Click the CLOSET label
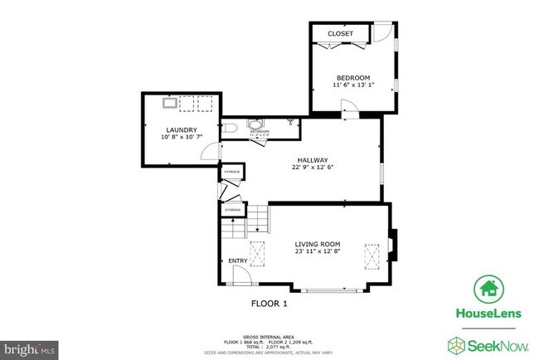(x=340, y=34)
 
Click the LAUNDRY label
(x=181, y=129)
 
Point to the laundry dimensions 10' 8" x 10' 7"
(x=181, y=138)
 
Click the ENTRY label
(x=238, y=261)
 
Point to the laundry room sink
(x=168, y=105)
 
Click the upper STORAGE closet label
(x=232, y=172)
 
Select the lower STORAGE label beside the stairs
(x=232, y=210)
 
